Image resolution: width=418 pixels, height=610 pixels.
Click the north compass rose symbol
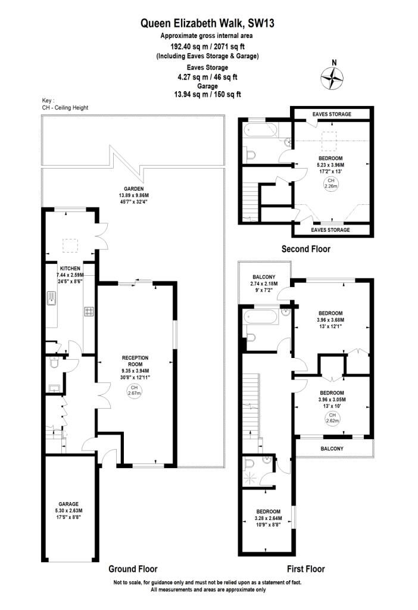[332, 78]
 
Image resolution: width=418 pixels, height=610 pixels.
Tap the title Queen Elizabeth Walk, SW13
[207, 24]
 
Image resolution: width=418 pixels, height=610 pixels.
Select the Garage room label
[68, 511]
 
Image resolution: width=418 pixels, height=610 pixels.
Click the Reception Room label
[135, 367]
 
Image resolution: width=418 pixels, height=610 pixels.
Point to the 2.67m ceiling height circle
[134, 391]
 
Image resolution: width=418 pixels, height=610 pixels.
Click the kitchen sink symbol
[51, 298]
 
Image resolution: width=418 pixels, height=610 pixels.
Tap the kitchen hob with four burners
[89, 311]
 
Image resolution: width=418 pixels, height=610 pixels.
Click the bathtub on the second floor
[261, 130]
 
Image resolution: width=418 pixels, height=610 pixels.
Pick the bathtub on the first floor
[261, 317]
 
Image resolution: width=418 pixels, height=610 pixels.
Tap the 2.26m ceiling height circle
[330, 183]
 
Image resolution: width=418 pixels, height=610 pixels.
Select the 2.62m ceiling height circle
[332, 418]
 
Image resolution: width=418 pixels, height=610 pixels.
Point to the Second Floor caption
[305, 249]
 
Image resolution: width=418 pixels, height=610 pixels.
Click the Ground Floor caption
[133, 569]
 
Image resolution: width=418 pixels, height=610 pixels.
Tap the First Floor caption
[305, 569]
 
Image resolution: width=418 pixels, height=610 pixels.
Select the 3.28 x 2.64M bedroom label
[269, 518]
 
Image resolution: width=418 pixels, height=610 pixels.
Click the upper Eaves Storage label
[332, 114]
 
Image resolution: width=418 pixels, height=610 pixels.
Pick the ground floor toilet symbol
[54, 363]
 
